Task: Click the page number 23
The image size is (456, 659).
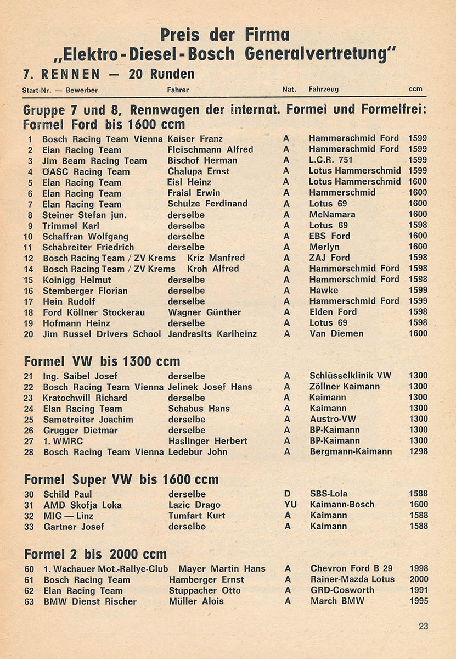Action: tap(423, 626)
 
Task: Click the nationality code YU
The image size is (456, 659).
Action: tap(286, 505)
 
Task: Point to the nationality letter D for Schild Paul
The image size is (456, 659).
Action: tap(286, 494)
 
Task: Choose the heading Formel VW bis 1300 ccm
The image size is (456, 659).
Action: tap(102, 361)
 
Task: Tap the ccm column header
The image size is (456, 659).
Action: tap(415, 90)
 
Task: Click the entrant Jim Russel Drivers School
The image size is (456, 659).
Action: tap(102, 334)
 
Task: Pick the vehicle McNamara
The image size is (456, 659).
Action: tap(332, 215)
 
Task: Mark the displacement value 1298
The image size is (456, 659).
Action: tap(418, 451)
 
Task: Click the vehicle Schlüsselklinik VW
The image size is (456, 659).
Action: tap(350, 376)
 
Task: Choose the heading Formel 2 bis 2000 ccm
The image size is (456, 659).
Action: tap(95, 554)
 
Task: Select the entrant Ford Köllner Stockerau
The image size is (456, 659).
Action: tap(94, 312)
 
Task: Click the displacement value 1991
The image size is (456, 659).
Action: tap(418, 590)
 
